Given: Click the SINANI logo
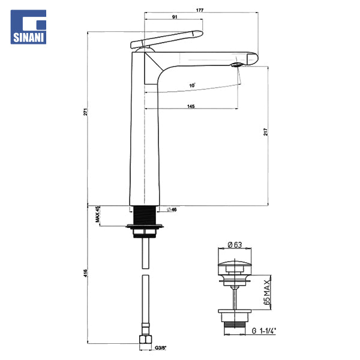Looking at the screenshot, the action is click(28, 27).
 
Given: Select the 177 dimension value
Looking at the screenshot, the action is click(200, 10).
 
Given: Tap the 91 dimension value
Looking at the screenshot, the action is click(175, 17).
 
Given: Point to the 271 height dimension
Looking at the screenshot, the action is click(85, 112).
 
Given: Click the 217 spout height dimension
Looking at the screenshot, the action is click(266, 132).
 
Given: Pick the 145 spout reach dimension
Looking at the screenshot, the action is click(191, 106).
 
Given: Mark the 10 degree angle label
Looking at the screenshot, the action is click(193, 85).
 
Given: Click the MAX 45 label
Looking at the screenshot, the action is click(98, 214).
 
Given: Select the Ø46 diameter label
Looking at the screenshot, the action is click(172, 209).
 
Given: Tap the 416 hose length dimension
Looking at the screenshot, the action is click(85, 273).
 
